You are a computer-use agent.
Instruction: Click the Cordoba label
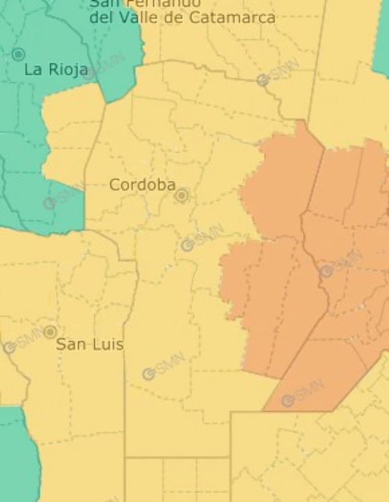pos(143,185)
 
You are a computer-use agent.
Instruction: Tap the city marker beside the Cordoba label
pos(182,195)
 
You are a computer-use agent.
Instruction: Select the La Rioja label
pos(56,70)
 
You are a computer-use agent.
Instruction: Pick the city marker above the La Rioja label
pos(19,54)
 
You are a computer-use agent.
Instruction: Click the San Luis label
pos(89,345)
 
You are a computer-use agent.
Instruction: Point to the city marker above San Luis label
pos(50,332)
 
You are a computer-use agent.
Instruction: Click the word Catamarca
pos(233,18)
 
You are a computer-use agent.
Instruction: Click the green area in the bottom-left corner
pos(18,457)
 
